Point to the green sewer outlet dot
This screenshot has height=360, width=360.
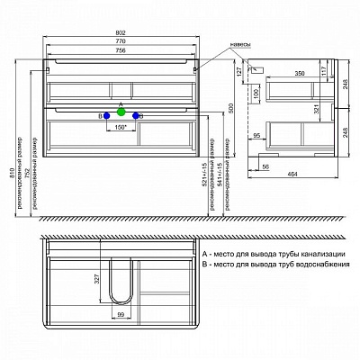click(121, 111)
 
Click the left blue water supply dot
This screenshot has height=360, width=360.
click(106, 116)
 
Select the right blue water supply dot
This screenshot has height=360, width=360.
click(137, 116)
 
